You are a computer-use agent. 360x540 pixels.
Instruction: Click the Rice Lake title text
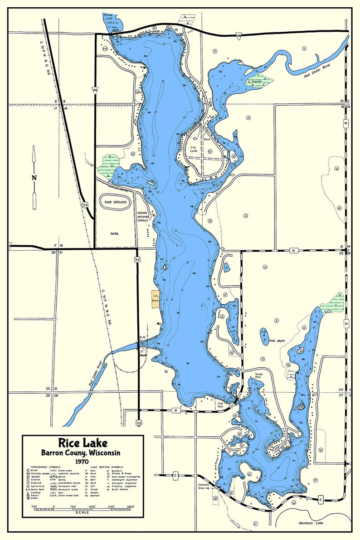(x=83, y=443)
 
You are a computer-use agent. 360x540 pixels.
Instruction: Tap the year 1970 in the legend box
(x=82, y=461)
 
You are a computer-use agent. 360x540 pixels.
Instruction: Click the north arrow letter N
(x=34, y=177)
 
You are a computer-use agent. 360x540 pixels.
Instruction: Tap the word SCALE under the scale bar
(x=83, y=512)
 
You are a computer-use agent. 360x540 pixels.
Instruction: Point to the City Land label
(x=196, y=149)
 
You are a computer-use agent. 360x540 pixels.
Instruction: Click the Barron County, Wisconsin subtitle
(x=82, y=452)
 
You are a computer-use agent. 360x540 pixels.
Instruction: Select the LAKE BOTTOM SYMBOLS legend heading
(x=107, y=467)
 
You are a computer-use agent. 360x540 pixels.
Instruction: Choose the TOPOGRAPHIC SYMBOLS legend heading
(x=47, y=467)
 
